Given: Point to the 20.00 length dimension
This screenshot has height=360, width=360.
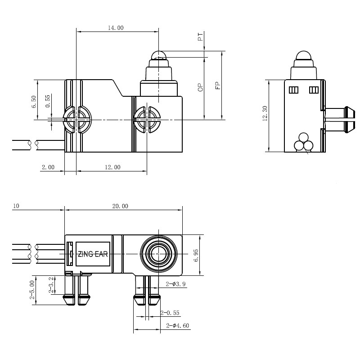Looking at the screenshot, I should point(120,206).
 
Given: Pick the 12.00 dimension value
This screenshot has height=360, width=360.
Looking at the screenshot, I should point(112,167).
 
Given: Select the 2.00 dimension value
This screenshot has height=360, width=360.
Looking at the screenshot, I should point(48,167).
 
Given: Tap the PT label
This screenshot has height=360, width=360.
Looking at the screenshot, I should point(201,37).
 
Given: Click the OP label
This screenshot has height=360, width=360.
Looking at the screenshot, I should point(201,87).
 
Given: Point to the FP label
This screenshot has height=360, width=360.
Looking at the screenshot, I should point(217,85).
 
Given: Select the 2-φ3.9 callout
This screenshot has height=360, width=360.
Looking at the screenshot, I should point(175,284).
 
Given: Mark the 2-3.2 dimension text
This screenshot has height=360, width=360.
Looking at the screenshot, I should point(51,285).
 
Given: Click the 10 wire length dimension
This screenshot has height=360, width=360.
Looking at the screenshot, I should point(16,206).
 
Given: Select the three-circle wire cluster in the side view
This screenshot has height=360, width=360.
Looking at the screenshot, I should point(303,143).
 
